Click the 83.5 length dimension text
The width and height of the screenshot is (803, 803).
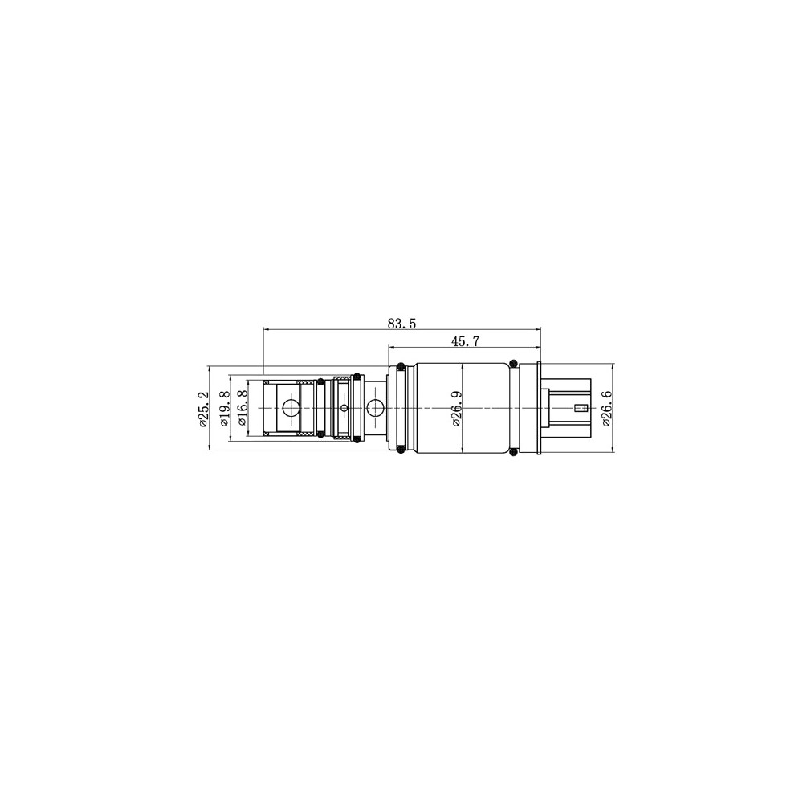[402, 324]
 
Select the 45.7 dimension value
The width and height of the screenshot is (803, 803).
[465, 341]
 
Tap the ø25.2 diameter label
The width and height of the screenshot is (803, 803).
[203, 409]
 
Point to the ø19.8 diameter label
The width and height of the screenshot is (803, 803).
[224, 409]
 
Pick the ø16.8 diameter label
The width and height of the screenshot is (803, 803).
[243, 409]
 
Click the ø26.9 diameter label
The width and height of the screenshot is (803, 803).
[456, 409]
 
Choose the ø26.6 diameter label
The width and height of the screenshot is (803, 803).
[607, 409]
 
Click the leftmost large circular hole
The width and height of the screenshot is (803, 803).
[291, 408]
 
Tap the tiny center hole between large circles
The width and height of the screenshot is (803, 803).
[344, 408]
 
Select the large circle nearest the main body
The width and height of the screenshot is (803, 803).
[377, 408]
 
